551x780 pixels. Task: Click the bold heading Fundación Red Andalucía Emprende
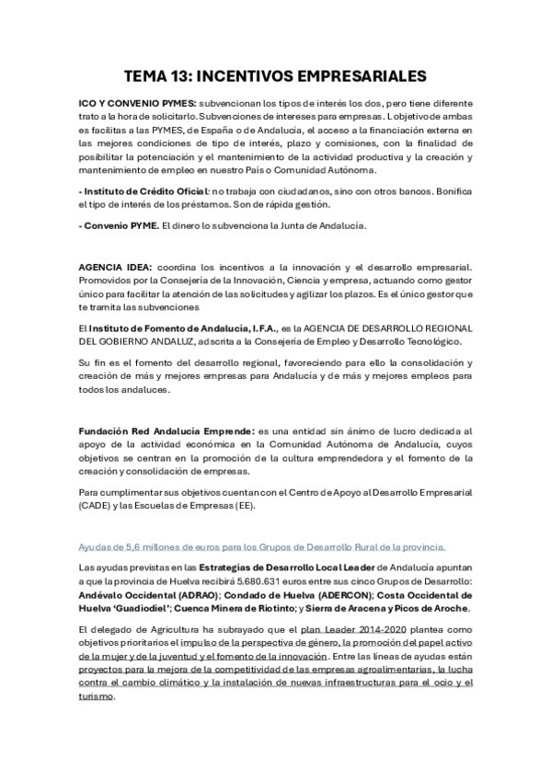pos(166,430)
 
